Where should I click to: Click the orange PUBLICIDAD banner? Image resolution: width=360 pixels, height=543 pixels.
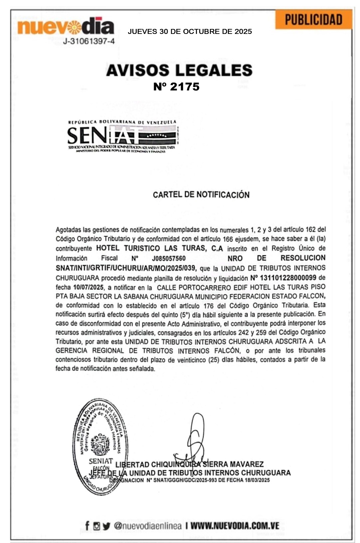pos(313,20)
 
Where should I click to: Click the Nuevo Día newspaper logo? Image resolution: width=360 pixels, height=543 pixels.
pos(66,27)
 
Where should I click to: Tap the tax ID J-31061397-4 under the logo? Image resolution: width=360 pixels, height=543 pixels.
pos(89,42)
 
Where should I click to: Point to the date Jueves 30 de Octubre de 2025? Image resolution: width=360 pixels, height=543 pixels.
pos(190,32)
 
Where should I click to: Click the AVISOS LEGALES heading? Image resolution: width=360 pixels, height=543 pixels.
pos(179,70)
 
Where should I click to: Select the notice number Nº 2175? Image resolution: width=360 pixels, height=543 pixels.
pos(176,86)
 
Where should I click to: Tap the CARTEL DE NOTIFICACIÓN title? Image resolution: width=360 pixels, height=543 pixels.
pos(201,195)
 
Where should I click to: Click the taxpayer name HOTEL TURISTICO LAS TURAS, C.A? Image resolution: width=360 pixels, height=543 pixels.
pos(159,248)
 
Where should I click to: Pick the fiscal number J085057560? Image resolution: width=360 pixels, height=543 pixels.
pos(169,258)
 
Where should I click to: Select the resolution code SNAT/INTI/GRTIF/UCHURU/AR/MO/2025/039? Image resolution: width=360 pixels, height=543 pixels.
pos(126,268)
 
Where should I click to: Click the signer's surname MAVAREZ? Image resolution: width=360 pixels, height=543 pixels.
pos(247,464)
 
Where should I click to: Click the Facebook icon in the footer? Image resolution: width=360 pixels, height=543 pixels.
pos(87,526)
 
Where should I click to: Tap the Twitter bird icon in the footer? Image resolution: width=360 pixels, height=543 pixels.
pos(106,526)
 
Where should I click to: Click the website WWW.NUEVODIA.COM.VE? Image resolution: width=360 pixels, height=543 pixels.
pos(235,526)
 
